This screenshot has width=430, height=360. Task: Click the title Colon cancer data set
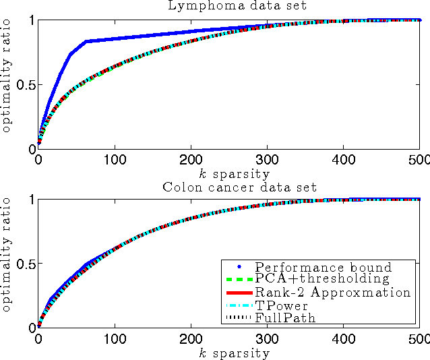(x=229, y=187)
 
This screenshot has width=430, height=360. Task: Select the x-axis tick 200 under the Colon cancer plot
(x=191, y=340)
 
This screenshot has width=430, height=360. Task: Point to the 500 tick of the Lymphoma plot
(x=419, y=162)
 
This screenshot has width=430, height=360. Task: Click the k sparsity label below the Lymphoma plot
(x=229, y=173)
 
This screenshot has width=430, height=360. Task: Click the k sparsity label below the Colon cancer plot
(x=229, y=353)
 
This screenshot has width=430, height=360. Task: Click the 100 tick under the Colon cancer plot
(x=115, y=340)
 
